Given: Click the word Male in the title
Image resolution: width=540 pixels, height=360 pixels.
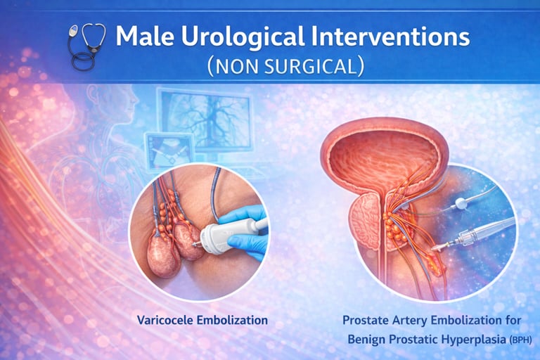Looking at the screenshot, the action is pyautogui.click(x=144, y=36).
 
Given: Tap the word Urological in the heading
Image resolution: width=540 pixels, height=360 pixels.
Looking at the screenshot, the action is pyautogui.click(x=243, y=37).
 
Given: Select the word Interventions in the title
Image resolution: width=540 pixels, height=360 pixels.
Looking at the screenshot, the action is pyautogui.click(x=391, y=36).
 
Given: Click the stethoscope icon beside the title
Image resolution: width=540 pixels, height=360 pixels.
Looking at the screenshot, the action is pyautogui.click(x=86, y=46).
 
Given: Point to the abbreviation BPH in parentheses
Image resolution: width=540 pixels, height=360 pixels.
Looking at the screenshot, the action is pyautogui.click(x=520, y=340).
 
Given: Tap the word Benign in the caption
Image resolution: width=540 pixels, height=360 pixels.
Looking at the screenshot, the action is pyautogui.click(x=366, y=340).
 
